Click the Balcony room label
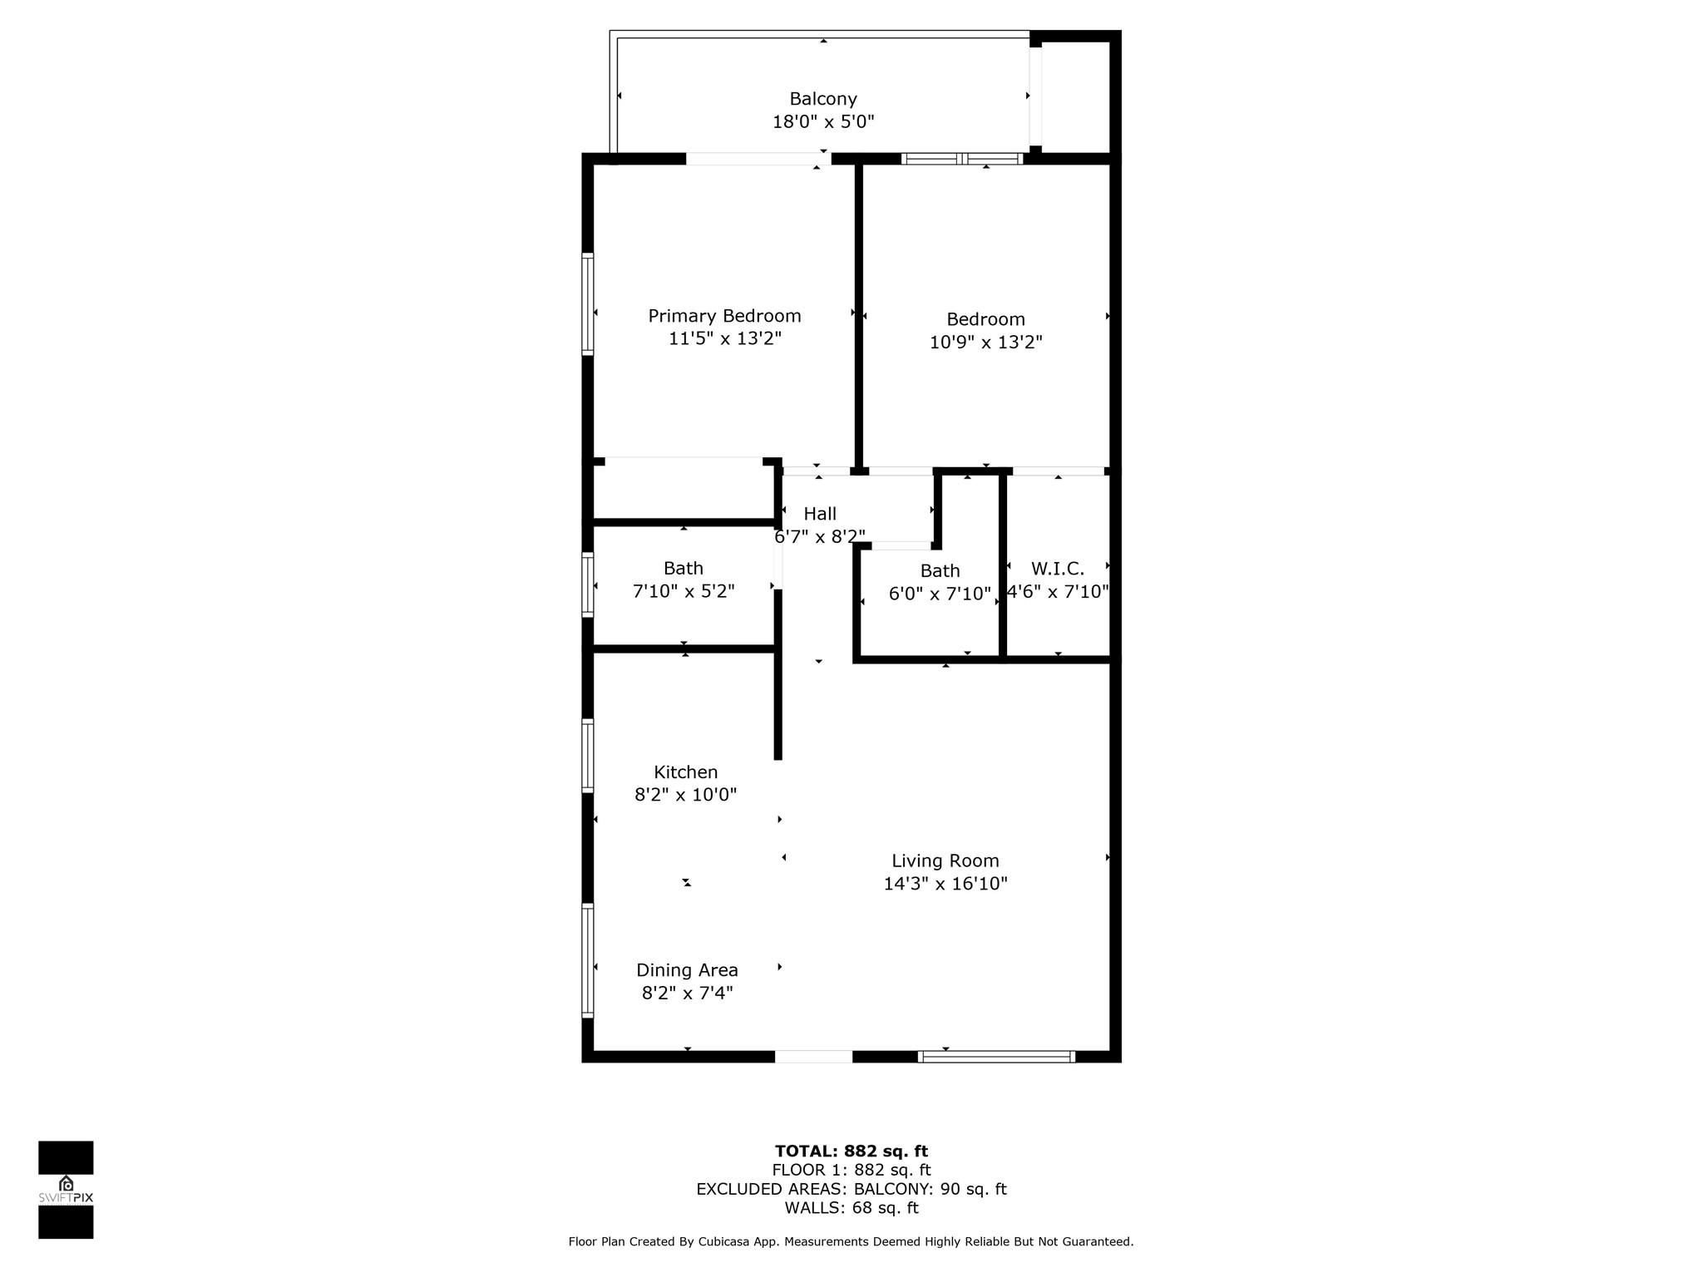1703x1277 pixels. point(823,99)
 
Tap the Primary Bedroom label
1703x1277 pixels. point(724,316)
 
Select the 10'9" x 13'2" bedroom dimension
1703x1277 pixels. point(985,342)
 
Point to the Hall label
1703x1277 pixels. point(820,514)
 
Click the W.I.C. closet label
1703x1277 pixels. point(1058,569)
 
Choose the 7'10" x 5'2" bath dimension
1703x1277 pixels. point(684,591)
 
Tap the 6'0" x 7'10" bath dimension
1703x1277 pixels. point(940,594)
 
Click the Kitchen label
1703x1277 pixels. point(686,772)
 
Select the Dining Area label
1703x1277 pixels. point(687,970)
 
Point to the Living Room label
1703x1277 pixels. point(945,861)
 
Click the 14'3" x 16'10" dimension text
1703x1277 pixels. point(945,884)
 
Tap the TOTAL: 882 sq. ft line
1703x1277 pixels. point(851,1151)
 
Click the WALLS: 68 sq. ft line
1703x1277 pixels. point(851,1208)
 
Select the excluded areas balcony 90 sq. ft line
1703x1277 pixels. point(851,1189)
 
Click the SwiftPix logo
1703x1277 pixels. point(66,1190)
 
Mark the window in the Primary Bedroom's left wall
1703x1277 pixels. point(588,304)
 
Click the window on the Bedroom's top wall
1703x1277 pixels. point(962,159)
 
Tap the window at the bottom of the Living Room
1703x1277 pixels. point(996,1057)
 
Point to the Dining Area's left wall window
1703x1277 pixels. point(588,960)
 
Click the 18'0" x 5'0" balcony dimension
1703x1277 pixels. point(823,122)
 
